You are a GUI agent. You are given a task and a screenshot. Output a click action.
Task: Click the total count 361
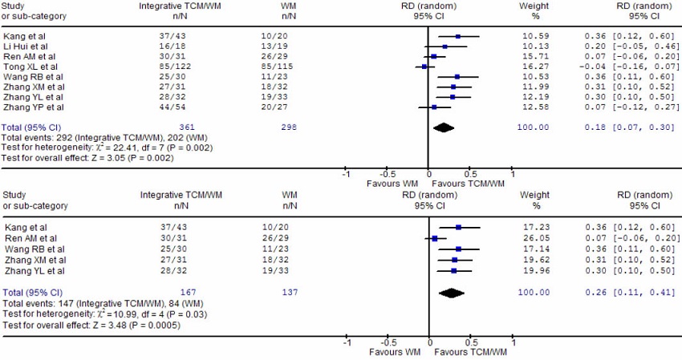(x=186, y=127)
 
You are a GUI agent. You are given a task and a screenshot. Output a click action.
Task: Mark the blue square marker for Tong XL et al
(x=425, y=67)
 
